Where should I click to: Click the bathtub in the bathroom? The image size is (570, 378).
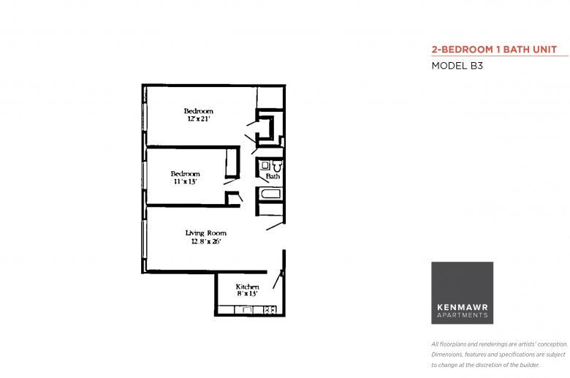coord(270,194)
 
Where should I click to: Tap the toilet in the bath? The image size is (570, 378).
coord(278,166)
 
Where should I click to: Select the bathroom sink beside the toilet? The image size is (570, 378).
coord(265,165)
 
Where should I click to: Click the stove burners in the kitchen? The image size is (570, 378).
coord(270,310)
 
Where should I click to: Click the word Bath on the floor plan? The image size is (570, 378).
coord(273,176)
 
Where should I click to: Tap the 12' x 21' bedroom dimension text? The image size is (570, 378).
coord(199,119)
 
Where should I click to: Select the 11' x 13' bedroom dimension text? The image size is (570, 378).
coord(186,181)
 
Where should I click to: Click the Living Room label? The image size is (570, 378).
coord(206,233)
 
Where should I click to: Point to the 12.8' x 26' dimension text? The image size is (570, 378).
coord(206,241)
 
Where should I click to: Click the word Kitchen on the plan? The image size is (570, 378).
coord(247,287)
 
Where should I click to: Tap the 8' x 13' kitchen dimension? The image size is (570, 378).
coord(248,294)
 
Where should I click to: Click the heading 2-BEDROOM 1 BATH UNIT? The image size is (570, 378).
coord(494,50)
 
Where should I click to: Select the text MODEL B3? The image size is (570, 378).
coord(457,66)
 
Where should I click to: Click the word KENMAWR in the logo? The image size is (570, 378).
coord(463,307)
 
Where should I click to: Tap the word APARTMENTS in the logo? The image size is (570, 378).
coord(463,315)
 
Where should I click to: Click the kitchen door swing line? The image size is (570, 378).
coord(278,279)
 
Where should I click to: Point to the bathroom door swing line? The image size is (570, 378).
coord(262,179)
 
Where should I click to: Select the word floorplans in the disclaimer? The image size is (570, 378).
coord(452,344)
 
